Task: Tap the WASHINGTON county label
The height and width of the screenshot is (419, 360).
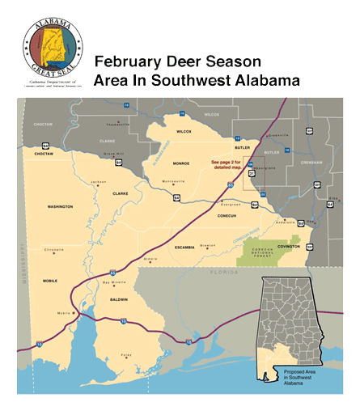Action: [x=59, y=207]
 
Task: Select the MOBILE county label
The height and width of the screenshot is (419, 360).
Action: [x=50, y=281]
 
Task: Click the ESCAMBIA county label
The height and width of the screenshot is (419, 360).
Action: [x=184, y=248]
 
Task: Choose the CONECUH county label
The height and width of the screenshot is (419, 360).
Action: [x=226, y=215]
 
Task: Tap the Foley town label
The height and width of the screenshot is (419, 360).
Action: [x=126, y=354]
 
